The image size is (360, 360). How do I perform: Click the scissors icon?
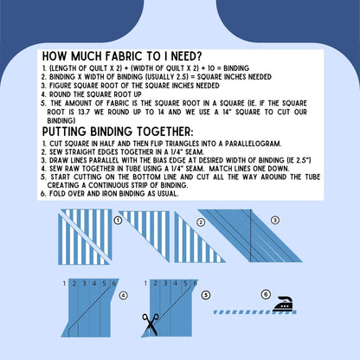pos(151,325)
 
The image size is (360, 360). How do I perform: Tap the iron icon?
pos(283,304)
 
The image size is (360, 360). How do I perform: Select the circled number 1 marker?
pos(118,221)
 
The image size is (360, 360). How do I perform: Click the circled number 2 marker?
pos(201,222)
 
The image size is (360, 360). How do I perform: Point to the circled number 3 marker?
pos(275,220)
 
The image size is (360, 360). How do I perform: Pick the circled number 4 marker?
pos(123,295)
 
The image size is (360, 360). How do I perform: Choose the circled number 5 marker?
pos(206,295)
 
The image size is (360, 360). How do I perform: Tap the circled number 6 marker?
pos(266,294)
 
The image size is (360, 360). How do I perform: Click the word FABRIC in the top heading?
pos(124,56)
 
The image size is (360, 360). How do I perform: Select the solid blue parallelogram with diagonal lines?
pos(250,235)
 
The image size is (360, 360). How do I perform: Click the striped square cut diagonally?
pos(85,237)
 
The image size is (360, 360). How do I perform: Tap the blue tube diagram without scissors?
pos(90,308)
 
